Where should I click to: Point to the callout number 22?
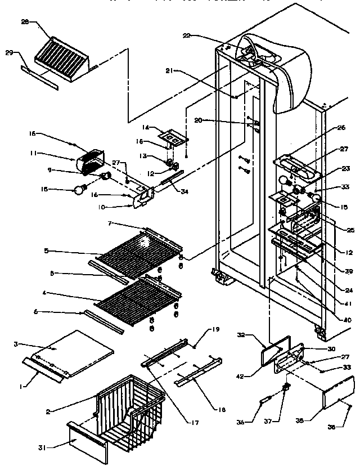[x=186, y=35]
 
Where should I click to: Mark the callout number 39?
[x=348, y=271]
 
